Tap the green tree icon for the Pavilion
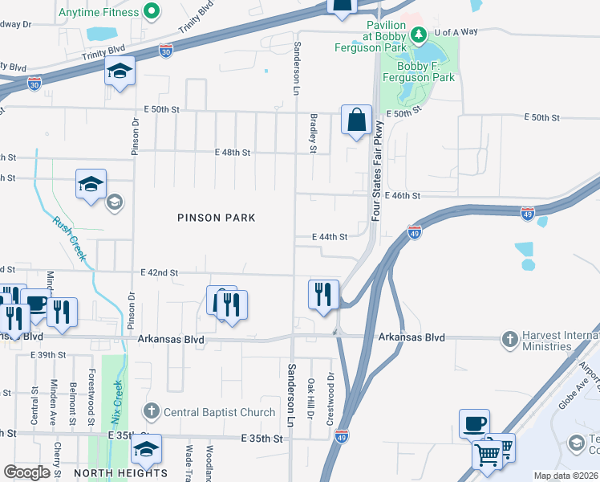click(418, 34)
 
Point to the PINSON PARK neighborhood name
click(216, 218)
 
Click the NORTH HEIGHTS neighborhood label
click(120, 473)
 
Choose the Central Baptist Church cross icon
click(151, 412)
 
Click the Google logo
click(26, 472)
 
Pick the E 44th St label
click(330, 237)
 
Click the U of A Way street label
click(456, 32)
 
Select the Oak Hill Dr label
click(310, 398)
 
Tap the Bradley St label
click(314, 132)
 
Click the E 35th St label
click(262, 439)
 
